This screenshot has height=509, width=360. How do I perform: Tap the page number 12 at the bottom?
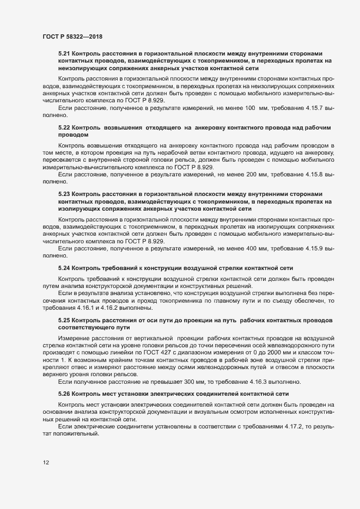point(46,462)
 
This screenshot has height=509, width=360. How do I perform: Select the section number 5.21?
point(64,54)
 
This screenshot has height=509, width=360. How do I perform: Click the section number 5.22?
point(64,127)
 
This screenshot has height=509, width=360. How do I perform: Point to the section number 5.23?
point(64,194)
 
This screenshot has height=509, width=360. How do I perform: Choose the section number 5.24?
point(64,268)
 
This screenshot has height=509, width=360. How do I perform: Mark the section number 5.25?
point(64,320)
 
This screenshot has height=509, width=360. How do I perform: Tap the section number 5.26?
point(64,393)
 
